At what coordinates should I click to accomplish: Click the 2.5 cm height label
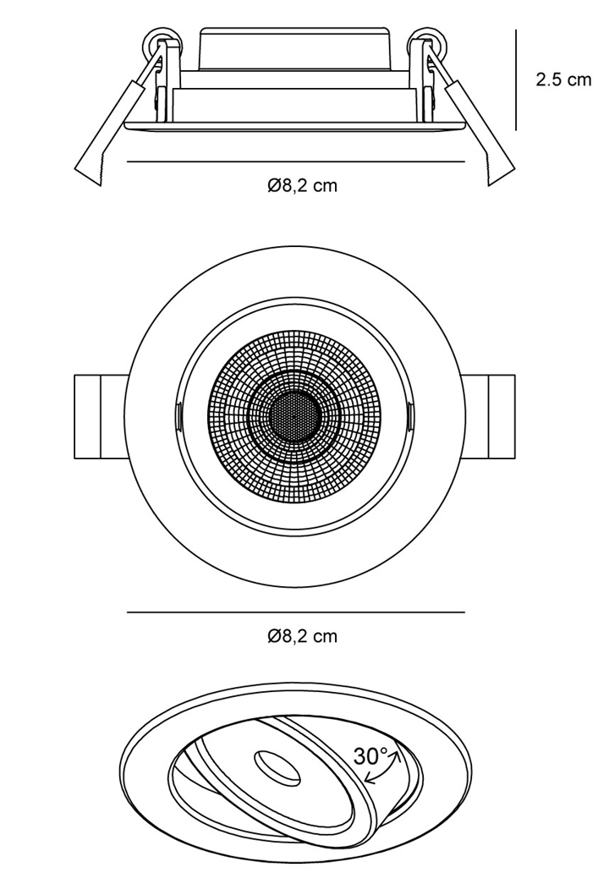click(x=563, y=80)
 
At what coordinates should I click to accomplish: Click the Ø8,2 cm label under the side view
click(x=303, y=185)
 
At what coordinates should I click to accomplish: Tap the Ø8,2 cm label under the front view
click(x=303, y=635)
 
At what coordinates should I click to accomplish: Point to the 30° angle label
click(x=371, y=755)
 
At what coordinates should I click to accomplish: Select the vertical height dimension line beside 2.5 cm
click(x=516, y=80)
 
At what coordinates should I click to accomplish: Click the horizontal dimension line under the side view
click(x=296, y=162)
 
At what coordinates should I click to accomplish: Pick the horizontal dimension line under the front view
click(x=296, y=612)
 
